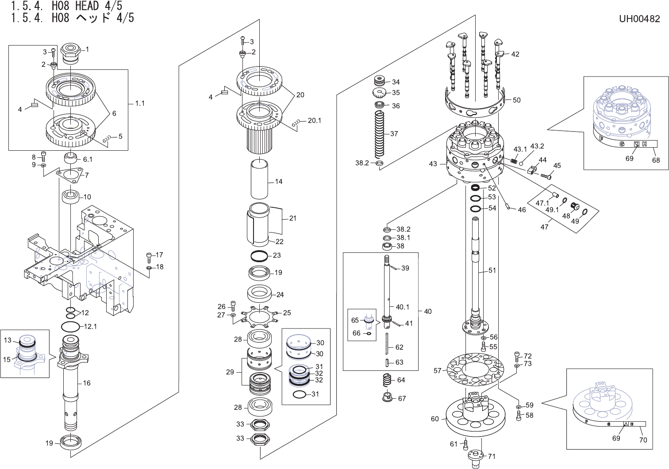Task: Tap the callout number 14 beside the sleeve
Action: click(x=278, y=181)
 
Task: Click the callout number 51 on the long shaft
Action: click(x=492, y=271)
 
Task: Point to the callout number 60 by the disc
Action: click(x=434, y=419)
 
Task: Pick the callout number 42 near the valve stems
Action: click(x=515, y=54)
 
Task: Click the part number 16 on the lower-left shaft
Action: click(x=87, y=383)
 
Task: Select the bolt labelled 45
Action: click(x=545, y=175)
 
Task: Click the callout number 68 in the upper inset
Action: click(x=656, y=160)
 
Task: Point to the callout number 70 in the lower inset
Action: click(x=643, y=440)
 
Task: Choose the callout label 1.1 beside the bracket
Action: click(x=140, y=103)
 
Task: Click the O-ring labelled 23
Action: click(x=259, y=256)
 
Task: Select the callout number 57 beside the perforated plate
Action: click(x=438, y=370)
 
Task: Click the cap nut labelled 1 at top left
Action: click(x=69, y=52)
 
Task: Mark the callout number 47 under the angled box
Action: click(x=544, y=227)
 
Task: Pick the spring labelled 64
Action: click(x=387, y=379)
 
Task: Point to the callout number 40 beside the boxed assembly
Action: click(x=427, y=311)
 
